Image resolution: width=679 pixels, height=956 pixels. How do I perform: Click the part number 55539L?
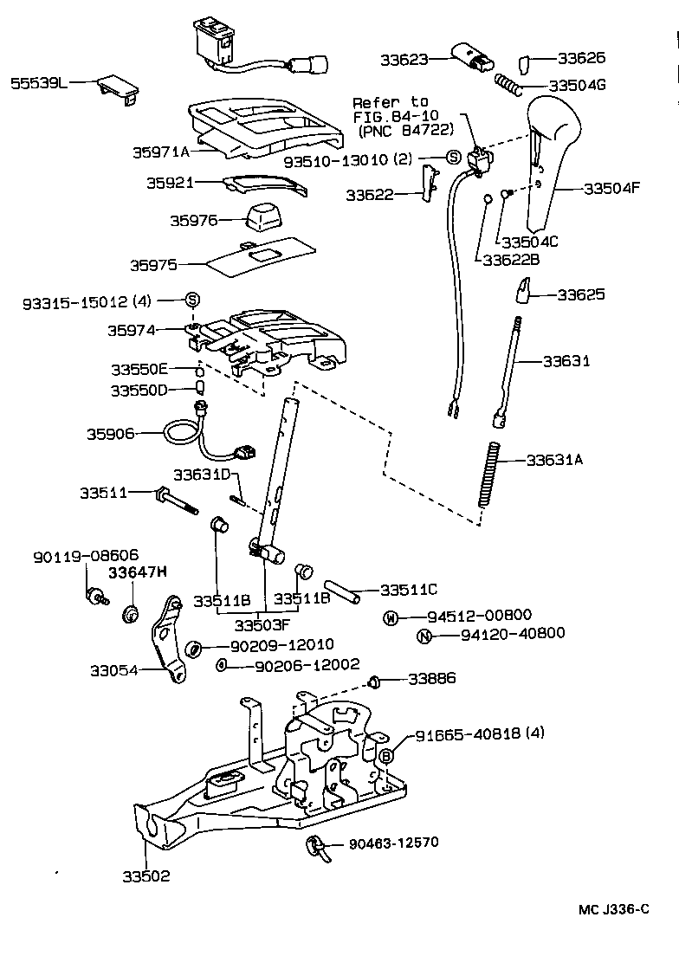[x=38, y=83]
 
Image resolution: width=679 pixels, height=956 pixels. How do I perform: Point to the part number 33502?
[x=146, y=875]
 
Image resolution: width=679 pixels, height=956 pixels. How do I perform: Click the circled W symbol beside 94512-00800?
[x=391, y=617]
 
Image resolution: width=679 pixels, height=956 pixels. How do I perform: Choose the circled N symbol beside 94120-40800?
[x=423, y=636]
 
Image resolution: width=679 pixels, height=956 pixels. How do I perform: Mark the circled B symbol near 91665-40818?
[x=387, y=755]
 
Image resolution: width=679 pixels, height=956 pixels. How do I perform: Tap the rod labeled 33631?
[x=510, y=372]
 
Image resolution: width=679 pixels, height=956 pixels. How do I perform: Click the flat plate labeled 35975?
[x=247, y=258]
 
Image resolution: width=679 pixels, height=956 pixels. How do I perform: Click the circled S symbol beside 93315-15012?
[x=191, y=300]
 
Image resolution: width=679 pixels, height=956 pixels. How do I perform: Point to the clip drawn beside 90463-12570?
[x=318, y=847]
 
